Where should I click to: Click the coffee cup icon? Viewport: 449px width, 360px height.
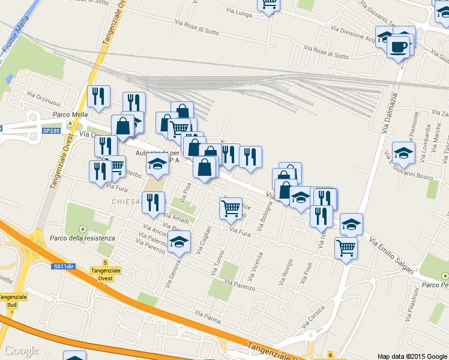pyautogui.click(x=398, y=46)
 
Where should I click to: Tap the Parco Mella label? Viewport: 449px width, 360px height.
pyautogui.click(x=70, y=115)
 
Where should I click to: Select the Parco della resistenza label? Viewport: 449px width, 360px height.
pyautogui.click(x=83, y=238)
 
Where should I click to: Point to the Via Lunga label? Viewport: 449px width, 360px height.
pyautogui.click(x=239, y=11)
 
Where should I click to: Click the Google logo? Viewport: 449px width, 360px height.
pyautogui.click(x=22, y=350)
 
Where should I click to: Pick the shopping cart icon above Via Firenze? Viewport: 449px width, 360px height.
pyautogui.click(x=231, y=209)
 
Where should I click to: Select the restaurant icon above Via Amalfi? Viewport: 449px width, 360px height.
pyautogui.click(x=153, y=203)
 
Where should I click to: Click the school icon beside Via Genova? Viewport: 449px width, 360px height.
pyautogui.click(x=178, y=242)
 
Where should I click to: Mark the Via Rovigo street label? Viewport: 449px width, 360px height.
pyautogui.click(x=285, y=273)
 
